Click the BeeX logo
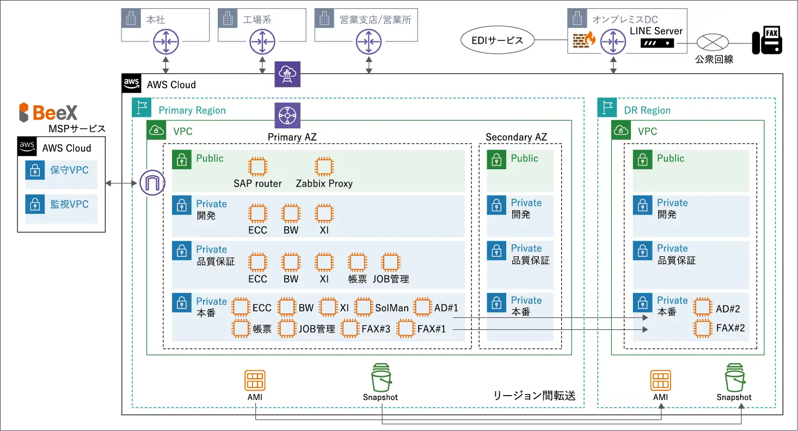pos(48,112)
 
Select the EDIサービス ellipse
pos(496,40)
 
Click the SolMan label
pos(391,308)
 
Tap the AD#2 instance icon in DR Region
pos(703,308)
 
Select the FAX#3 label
pos(376,329)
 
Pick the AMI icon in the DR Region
pos(660,380)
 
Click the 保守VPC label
pos(69,170)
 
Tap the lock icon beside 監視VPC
pos(35,205)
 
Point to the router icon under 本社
pos(165,40)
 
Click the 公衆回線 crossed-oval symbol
pos(713,42)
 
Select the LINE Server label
pos(656,31)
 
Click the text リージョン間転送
pos(534,396)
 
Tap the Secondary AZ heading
pos(516,137)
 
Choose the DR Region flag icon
pos(607,108)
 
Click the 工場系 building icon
pos(228,19)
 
